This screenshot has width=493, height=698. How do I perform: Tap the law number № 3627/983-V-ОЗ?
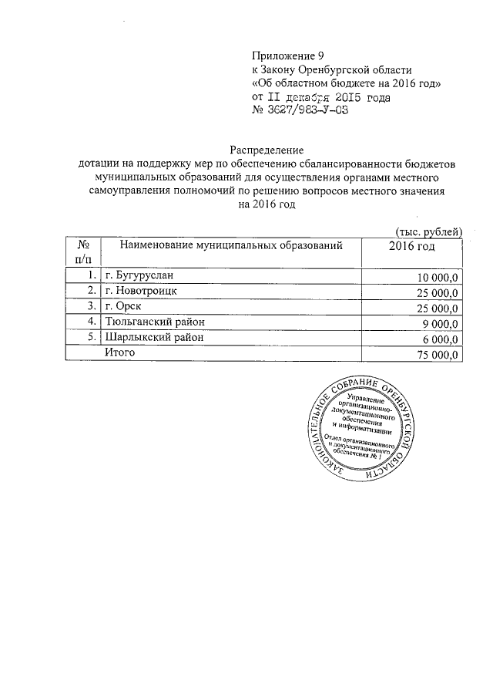click(x=301, y=112)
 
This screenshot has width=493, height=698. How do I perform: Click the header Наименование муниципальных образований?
click(x=230, y=246)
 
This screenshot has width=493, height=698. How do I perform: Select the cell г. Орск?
click(x=126, y=306)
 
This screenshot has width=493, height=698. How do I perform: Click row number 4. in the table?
click(x=92, y=322)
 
